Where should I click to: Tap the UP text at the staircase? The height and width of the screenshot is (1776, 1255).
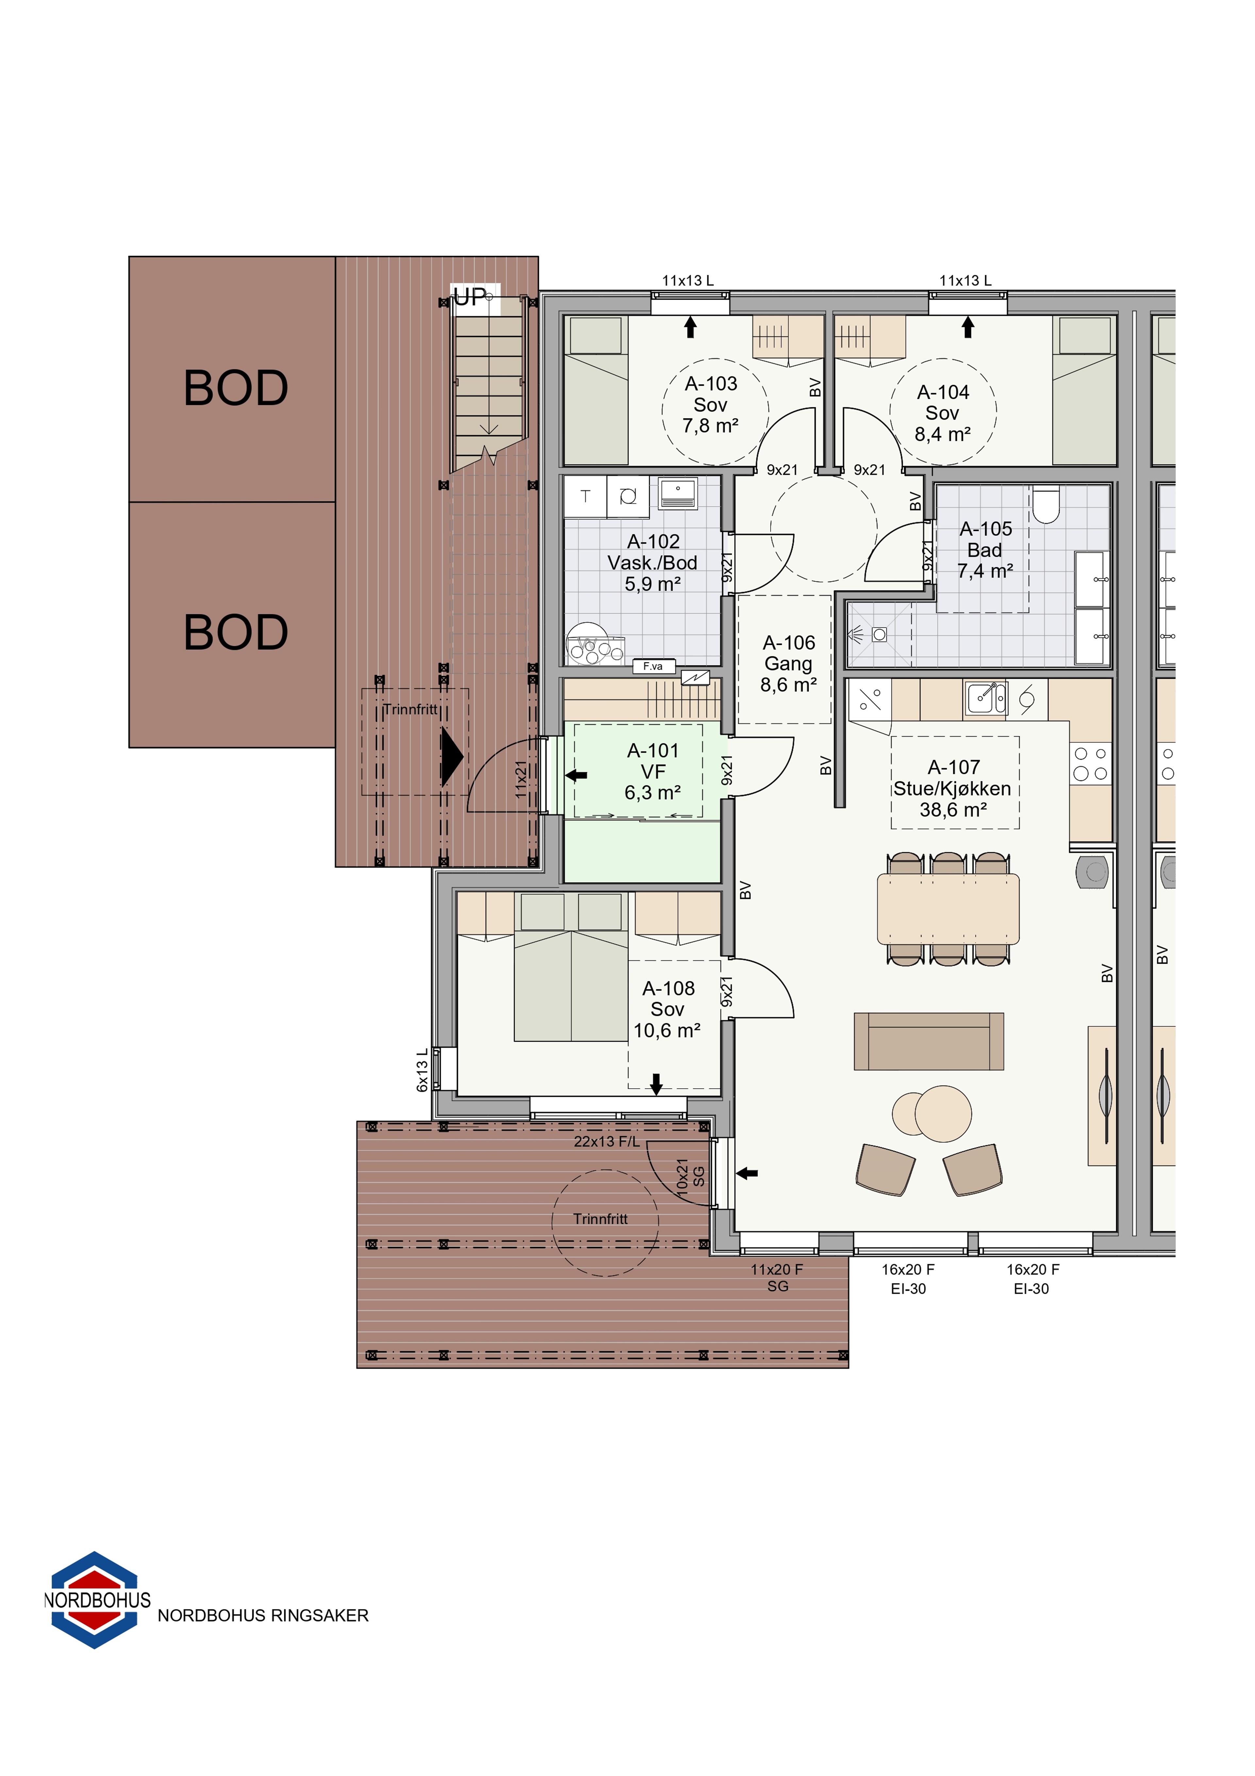pos(470,297)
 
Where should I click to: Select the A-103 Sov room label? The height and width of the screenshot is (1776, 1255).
pos(711,405)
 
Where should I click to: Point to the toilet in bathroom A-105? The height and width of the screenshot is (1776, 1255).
pos(1046,504)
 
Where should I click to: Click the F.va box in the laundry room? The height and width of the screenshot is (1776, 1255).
pos(653,666)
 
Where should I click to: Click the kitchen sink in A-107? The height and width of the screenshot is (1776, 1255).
pos(986,699)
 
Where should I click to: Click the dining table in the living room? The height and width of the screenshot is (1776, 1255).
pos(948,909)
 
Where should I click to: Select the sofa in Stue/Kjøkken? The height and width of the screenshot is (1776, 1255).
pos(929,1041)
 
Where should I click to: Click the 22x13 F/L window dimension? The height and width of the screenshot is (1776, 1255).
pos(607,1142)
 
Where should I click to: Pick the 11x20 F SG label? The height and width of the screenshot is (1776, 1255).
pos(777,1278)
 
